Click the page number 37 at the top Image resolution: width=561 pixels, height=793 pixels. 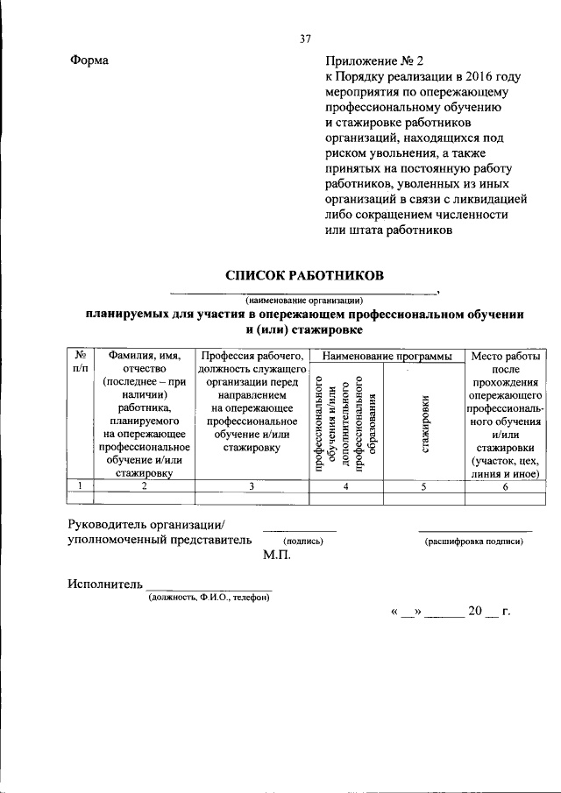click(305, 39)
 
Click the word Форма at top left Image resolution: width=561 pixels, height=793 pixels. click(89, 60)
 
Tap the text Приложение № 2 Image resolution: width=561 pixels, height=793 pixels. click(373, 60)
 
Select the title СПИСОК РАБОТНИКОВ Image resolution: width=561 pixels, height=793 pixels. click(304, 275)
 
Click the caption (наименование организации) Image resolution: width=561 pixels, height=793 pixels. click(303, 299)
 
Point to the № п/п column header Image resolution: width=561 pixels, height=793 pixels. click(80, 363)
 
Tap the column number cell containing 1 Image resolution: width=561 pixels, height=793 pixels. click(80, 486)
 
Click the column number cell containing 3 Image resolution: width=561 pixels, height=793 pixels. click(251, 486)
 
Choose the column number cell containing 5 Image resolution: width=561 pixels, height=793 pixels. click(423, 486)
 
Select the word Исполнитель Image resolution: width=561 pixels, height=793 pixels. click(104, 584)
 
